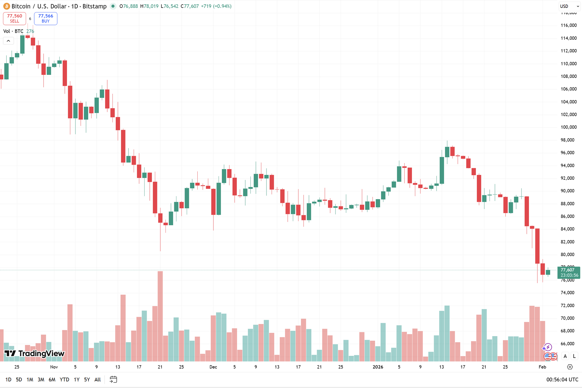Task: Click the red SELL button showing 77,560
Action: pos(15,18)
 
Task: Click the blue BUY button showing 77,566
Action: pos(45,18)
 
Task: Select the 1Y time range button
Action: pos(77,380)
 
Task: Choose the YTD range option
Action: pos(64,380)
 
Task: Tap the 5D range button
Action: pos(19,380)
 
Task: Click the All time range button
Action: pos(98,380)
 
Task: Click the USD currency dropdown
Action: pos(569,6)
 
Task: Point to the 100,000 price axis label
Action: pos(568,127)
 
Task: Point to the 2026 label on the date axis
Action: pos(378,367)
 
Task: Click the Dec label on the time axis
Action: pos(213,367)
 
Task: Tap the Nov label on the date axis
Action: pos(54,367)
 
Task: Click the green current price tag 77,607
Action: pos(568,273)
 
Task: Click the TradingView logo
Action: pos(35,353)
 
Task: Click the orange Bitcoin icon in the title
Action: pos(6,6)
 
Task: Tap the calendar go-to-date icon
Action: pos(113,380)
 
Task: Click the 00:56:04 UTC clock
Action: pos(562,380)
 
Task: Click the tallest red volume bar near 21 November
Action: pos(160,315)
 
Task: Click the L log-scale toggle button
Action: pos(574,356)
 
